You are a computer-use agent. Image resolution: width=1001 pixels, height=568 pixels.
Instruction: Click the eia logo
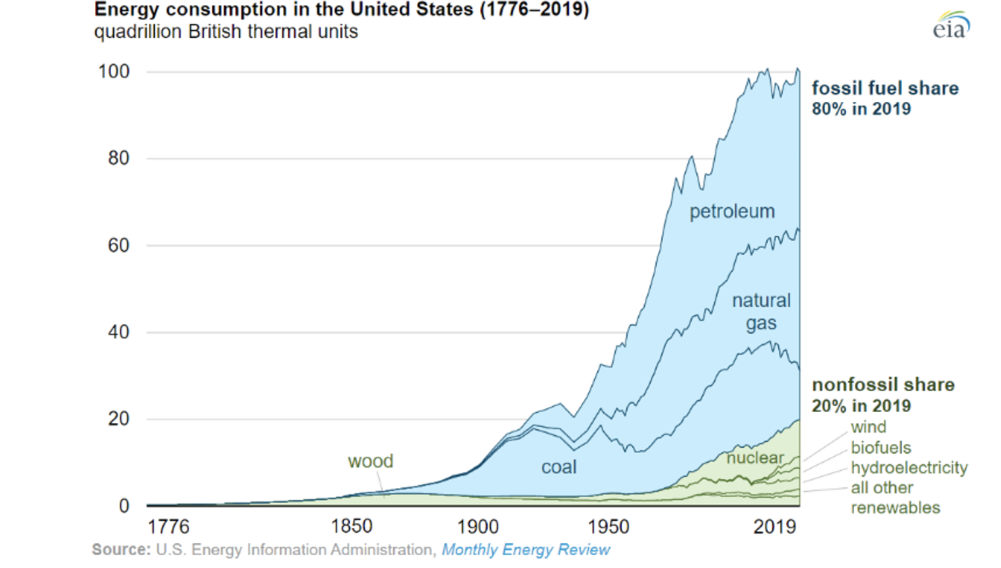pos(950,26)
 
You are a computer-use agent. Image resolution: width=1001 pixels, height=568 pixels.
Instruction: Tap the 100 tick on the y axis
pos(114,71)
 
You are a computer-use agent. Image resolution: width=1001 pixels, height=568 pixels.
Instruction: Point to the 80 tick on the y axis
pos(119,158)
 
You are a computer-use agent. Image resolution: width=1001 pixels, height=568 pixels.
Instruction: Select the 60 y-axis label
pos(119,245)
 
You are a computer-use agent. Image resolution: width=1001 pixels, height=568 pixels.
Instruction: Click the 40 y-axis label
pos(119,332)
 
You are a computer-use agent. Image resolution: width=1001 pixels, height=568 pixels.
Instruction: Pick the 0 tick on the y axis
pos(124,506)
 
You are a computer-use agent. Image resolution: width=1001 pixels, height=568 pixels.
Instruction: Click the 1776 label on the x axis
pos(169,527)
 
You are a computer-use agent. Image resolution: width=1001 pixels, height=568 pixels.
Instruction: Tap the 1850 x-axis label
pos(352,526)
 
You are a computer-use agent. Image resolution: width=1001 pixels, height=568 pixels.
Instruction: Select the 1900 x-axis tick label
pos(478,527)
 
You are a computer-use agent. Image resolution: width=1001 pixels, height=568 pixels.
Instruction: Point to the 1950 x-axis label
pos(609,527)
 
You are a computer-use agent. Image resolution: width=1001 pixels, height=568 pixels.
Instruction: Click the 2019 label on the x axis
pos(775,527)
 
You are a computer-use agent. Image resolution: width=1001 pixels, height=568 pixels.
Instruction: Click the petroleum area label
pos(732,212)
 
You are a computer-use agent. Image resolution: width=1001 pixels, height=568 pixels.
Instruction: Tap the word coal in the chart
pos(559,467)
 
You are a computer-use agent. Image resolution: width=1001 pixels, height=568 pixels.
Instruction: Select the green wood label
pos(371,461)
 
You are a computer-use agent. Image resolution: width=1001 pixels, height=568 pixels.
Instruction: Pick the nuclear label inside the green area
pos(755,458)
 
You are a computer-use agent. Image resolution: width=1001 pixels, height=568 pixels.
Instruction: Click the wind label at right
pos(868,427)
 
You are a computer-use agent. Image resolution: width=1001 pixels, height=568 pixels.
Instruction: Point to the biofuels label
pos(881,448)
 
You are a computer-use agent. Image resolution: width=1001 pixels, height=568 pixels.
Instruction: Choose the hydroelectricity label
pos(909,468)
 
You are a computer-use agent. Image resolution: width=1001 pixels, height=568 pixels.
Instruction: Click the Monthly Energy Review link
pos(526,550)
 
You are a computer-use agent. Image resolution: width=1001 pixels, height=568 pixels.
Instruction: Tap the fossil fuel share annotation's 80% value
pos(828,109)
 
